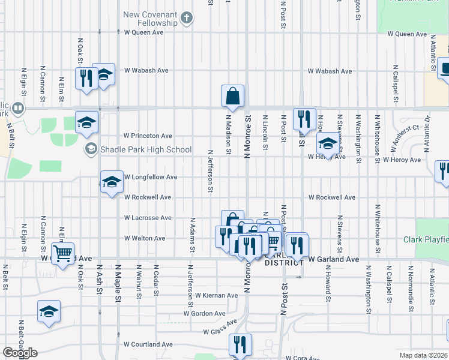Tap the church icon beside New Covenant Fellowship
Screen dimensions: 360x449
click(x=187, y=17)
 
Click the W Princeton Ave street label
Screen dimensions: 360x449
click(x=148, y=136)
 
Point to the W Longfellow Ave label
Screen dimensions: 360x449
click(x=151, y=177)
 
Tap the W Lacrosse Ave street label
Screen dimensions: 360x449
click(x=148, y=218)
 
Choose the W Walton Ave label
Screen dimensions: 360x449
click(x=145, y=238)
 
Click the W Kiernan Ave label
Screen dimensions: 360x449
click(x=217, y=295)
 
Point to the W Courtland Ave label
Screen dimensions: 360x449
click(x=148, y=344)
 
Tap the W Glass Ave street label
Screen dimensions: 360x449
click(x=220, y=331)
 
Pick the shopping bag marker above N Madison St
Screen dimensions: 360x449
click(x=232, y=95)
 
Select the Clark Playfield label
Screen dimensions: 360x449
click(x=426, y=239)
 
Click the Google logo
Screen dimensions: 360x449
click(x=20, y=353)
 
